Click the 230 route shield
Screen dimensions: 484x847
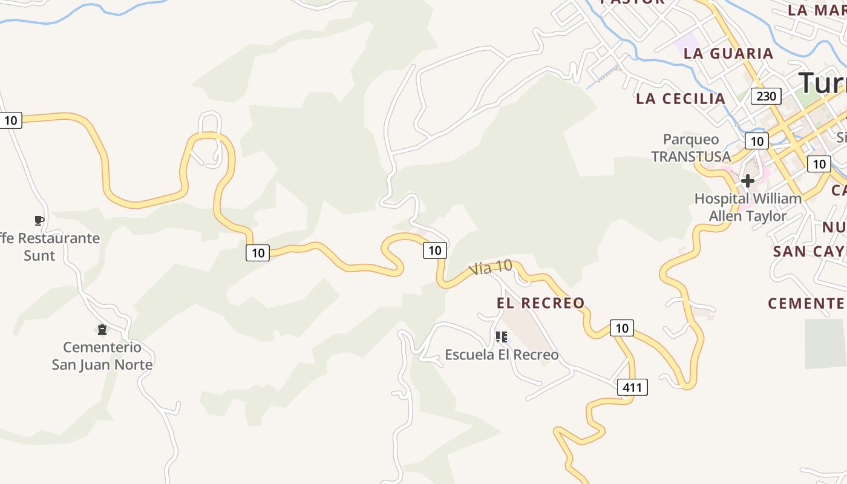[x=766, y=96]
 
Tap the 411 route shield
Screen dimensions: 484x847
[x=632, y=387]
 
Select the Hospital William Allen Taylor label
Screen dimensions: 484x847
[x=748, y=207]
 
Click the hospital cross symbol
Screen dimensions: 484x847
[x=748, y=180]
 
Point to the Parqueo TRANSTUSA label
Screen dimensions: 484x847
[x=691, y=148]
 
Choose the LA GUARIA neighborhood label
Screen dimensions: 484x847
[x=728, y=53]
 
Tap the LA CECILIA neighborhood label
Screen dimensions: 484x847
[x=681, y=99]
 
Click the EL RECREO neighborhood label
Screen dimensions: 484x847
[x=541, y=302]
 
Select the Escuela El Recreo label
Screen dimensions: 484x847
[x=502, y=355]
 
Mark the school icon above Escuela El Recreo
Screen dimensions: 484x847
[x=501, y=336]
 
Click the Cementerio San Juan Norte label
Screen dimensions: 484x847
[x=102, y=356]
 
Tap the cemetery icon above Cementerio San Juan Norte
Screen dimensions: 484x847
[x=102, y=330]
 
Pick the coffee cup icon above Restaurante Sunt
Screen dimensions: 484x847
[x=39, y=220]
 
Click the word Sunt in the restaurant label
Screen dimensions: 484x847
[x=39, y=255]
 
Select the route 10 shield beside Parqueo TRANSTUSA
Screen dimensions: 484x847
[x=756, y=141]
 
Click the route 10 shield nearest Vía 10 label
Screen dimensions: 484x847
[x=434, y=250]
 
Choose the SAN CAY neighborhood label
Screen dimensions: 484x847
[x=809, y=251]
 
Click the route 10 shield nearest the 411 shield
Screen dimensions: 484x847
[x=621, y=328]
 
